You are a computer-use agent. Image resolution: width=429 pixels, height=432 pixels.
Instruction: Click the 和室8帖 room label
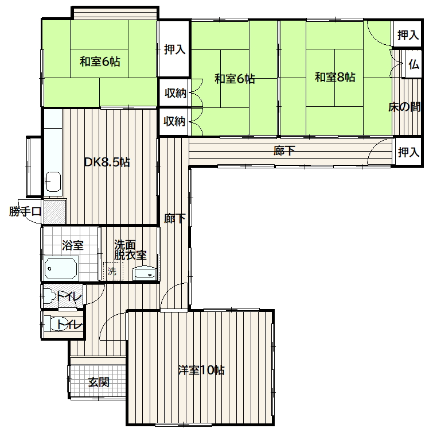(x=335, y=77)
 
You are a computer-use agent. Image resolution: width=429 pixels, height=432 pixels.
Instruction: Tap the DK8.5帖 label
(x=107, y=162)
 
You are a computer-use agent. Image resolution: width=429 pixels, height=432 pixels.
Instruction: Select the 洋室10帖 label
(x=201, y=371)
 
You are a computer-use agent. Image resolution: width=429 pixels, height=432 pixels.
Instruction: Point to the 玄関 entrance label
(x=99, y=382)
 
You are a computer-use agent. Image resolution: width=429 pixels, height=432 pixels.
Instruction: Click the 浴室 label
(x=73, y=245)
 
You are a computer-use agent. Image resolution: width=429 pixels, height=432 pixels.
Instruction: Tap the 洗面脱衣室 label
(x=130, y=250)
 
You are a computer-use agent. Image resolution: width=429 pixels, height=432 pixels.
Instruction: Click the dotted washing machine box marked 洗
(x=113, y=271)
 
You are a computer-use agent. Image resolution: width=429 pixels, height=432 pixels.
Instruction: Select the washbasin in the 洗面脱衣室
(x=145, y=273)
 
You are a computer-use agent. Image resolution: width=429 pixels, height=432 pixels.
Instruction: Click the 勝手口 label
(x=25, y=211)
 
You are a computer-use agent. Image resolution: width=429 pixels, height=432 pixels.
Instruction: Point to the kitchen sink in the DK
(x=53, y=182)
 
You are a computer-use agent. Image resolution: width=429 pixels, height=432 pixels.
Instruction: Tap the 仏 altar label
(x=414, y=64)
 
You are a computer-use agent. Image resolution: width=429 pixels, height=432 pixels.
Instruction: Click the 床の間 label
(x=404, y=107)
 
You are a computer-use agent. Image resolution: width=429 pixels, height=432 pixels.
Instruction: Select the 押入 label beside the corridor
(x=409, y=152)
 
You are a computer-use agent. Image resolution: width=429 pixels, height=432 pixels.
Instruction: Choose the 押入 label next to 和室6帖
(x=174, y=49)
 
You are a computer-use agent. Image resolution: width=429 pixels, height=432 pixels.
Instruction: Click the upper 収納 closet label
(x=175, y=93)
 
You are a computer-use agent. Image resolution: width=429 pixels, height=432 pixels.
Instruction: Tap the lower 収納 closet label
(x=174, y=121)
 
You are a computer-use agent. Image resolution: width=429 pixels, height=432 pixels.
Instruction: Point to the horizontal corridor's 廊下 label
(x=284, y=151)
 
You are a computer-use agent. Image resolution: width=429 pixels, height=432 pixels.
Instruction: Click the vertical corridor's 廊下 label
(x=175, y=218)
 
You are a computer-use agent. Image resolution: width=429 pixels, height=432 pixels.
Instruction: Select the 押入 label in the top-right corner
(x=408, y=35)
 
